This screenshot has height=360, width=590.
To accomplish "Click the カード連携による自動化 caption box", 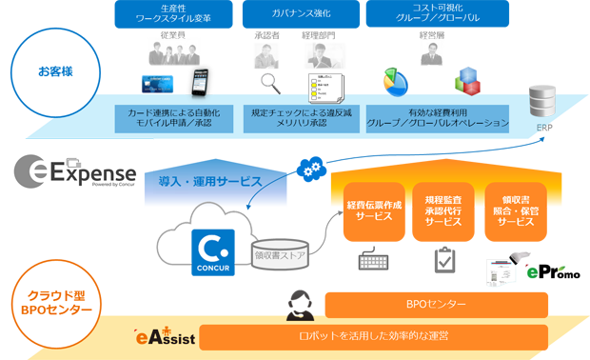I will click(174, 118).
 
